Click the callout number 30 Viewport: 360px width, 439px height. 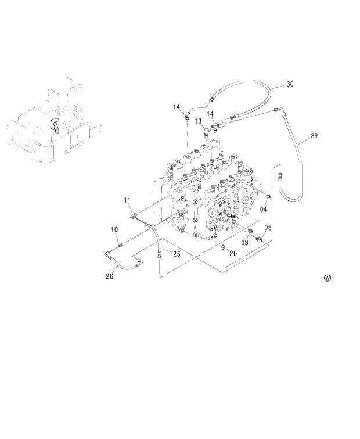point(290,84)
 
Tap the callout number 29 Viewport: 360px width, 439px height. point(314,136)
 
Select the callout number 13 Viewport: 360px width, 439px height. point(198,121)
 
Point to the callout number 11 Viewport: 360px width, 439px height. point(127,200)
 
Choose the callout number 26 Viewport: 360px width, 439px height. point(109,276)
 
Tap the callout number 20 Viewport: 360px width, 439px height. point(233,254)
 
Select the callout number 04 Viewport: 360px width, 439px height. point(264,209)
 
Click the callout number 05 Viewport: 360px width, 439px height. point(268,227)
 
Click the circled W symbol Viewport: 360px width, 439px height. point(327,278)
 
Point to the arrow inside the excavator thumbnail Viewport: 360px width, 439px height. point(54,124)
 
